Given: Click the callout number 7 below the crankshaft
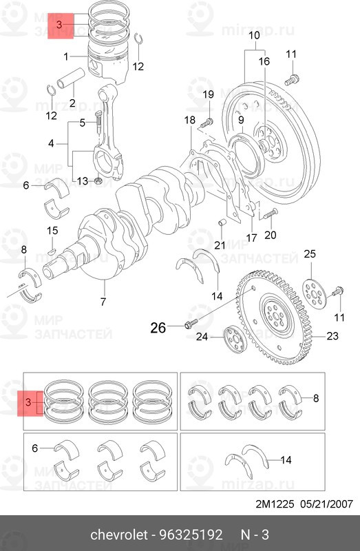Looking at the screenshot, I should (103, 301).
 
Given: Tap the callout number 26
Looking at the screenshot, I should (158, 328).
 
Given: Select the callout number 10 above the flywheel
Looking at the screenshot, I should (254, 35).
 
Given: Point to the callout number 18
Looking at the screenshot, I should (190, 121).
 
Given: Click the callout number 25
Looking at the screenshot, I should (310, 255).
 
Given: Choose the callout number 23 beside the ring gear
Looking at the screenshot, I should (332, 337).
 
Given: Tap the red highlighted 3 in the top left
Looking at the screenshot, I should (59, 25).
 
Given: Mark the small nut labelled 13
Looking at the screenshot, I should (98, 182).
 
